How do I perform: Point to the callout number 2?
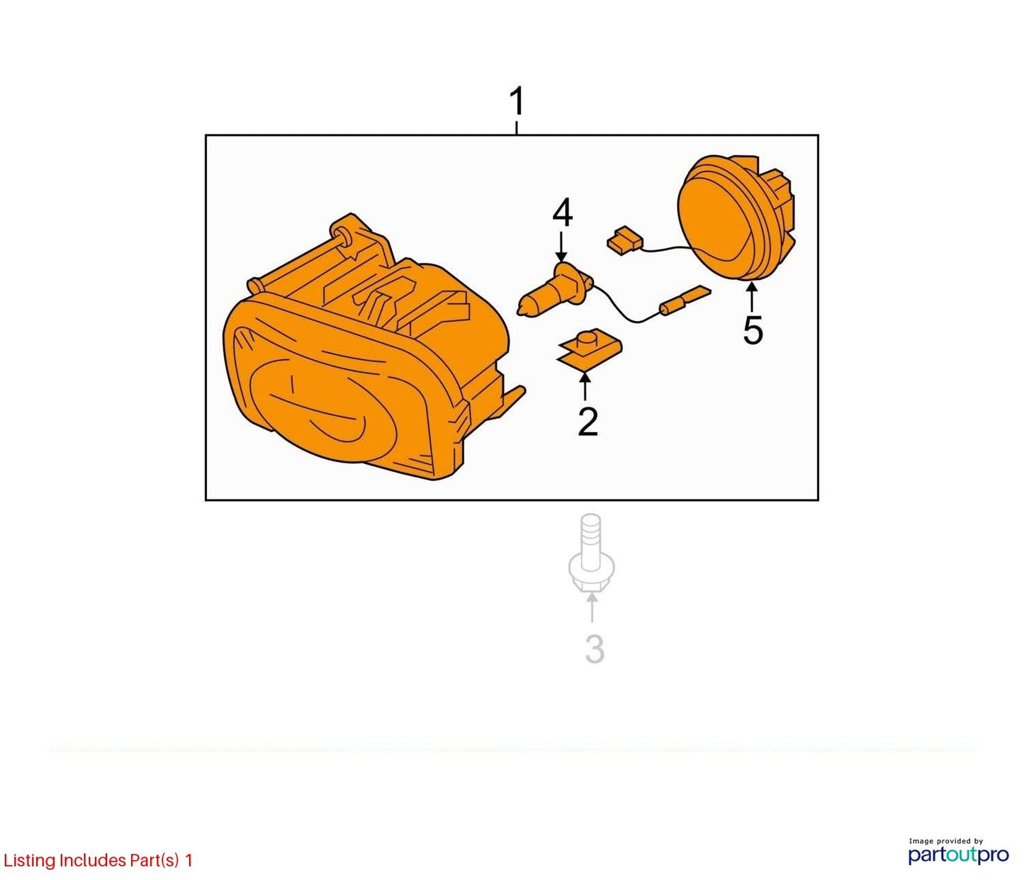click(588, 422)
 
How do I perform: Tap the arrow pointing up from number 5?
click(753, 296)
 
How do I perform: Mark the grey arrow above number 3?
click(592, 609)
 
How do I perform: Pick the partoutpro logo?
click(958, 854)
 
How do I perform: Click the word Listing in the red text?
click(29, 861)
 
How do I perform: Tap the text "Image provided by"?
click(946, 840)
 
